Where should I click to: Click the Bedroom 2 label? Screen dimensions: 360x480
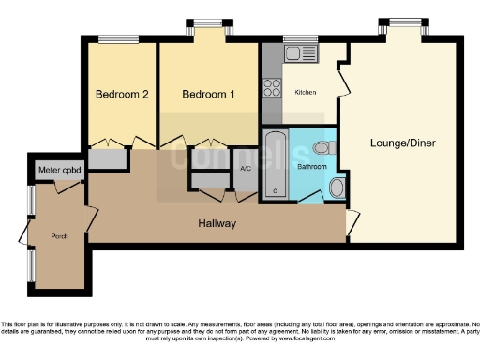point(122,95)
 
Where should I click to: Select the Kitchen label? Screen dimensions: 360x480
point(306,92)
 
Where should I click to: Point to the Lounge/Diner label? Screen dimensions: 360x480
point(400,142)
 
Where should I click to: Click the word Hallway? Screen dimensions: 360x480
point(217,223)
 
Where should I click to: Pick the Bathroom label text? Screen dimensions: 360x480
point(312,166)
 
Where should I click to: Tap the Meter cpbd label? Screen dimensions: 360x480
point(58,172)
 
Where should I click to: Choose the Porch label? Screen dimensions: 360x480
point(59,236)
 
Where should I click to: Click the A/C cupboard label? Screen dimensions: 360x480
point(246,169)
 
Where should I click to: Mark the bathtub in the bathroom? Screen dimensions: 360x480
point(274,165)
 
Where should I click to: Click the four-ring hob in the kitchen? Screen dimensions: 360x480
point(274,87)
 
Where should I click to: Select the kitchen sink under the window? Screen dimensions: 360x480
point(301,55)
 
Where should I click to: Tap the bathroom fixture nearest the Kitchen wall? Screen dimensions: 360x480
point(322,146)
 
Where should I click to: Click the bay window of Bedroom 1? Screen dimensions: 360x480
point(208,25)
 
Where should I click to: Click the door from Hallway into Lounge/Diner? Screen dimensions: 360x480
point(351,223)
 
